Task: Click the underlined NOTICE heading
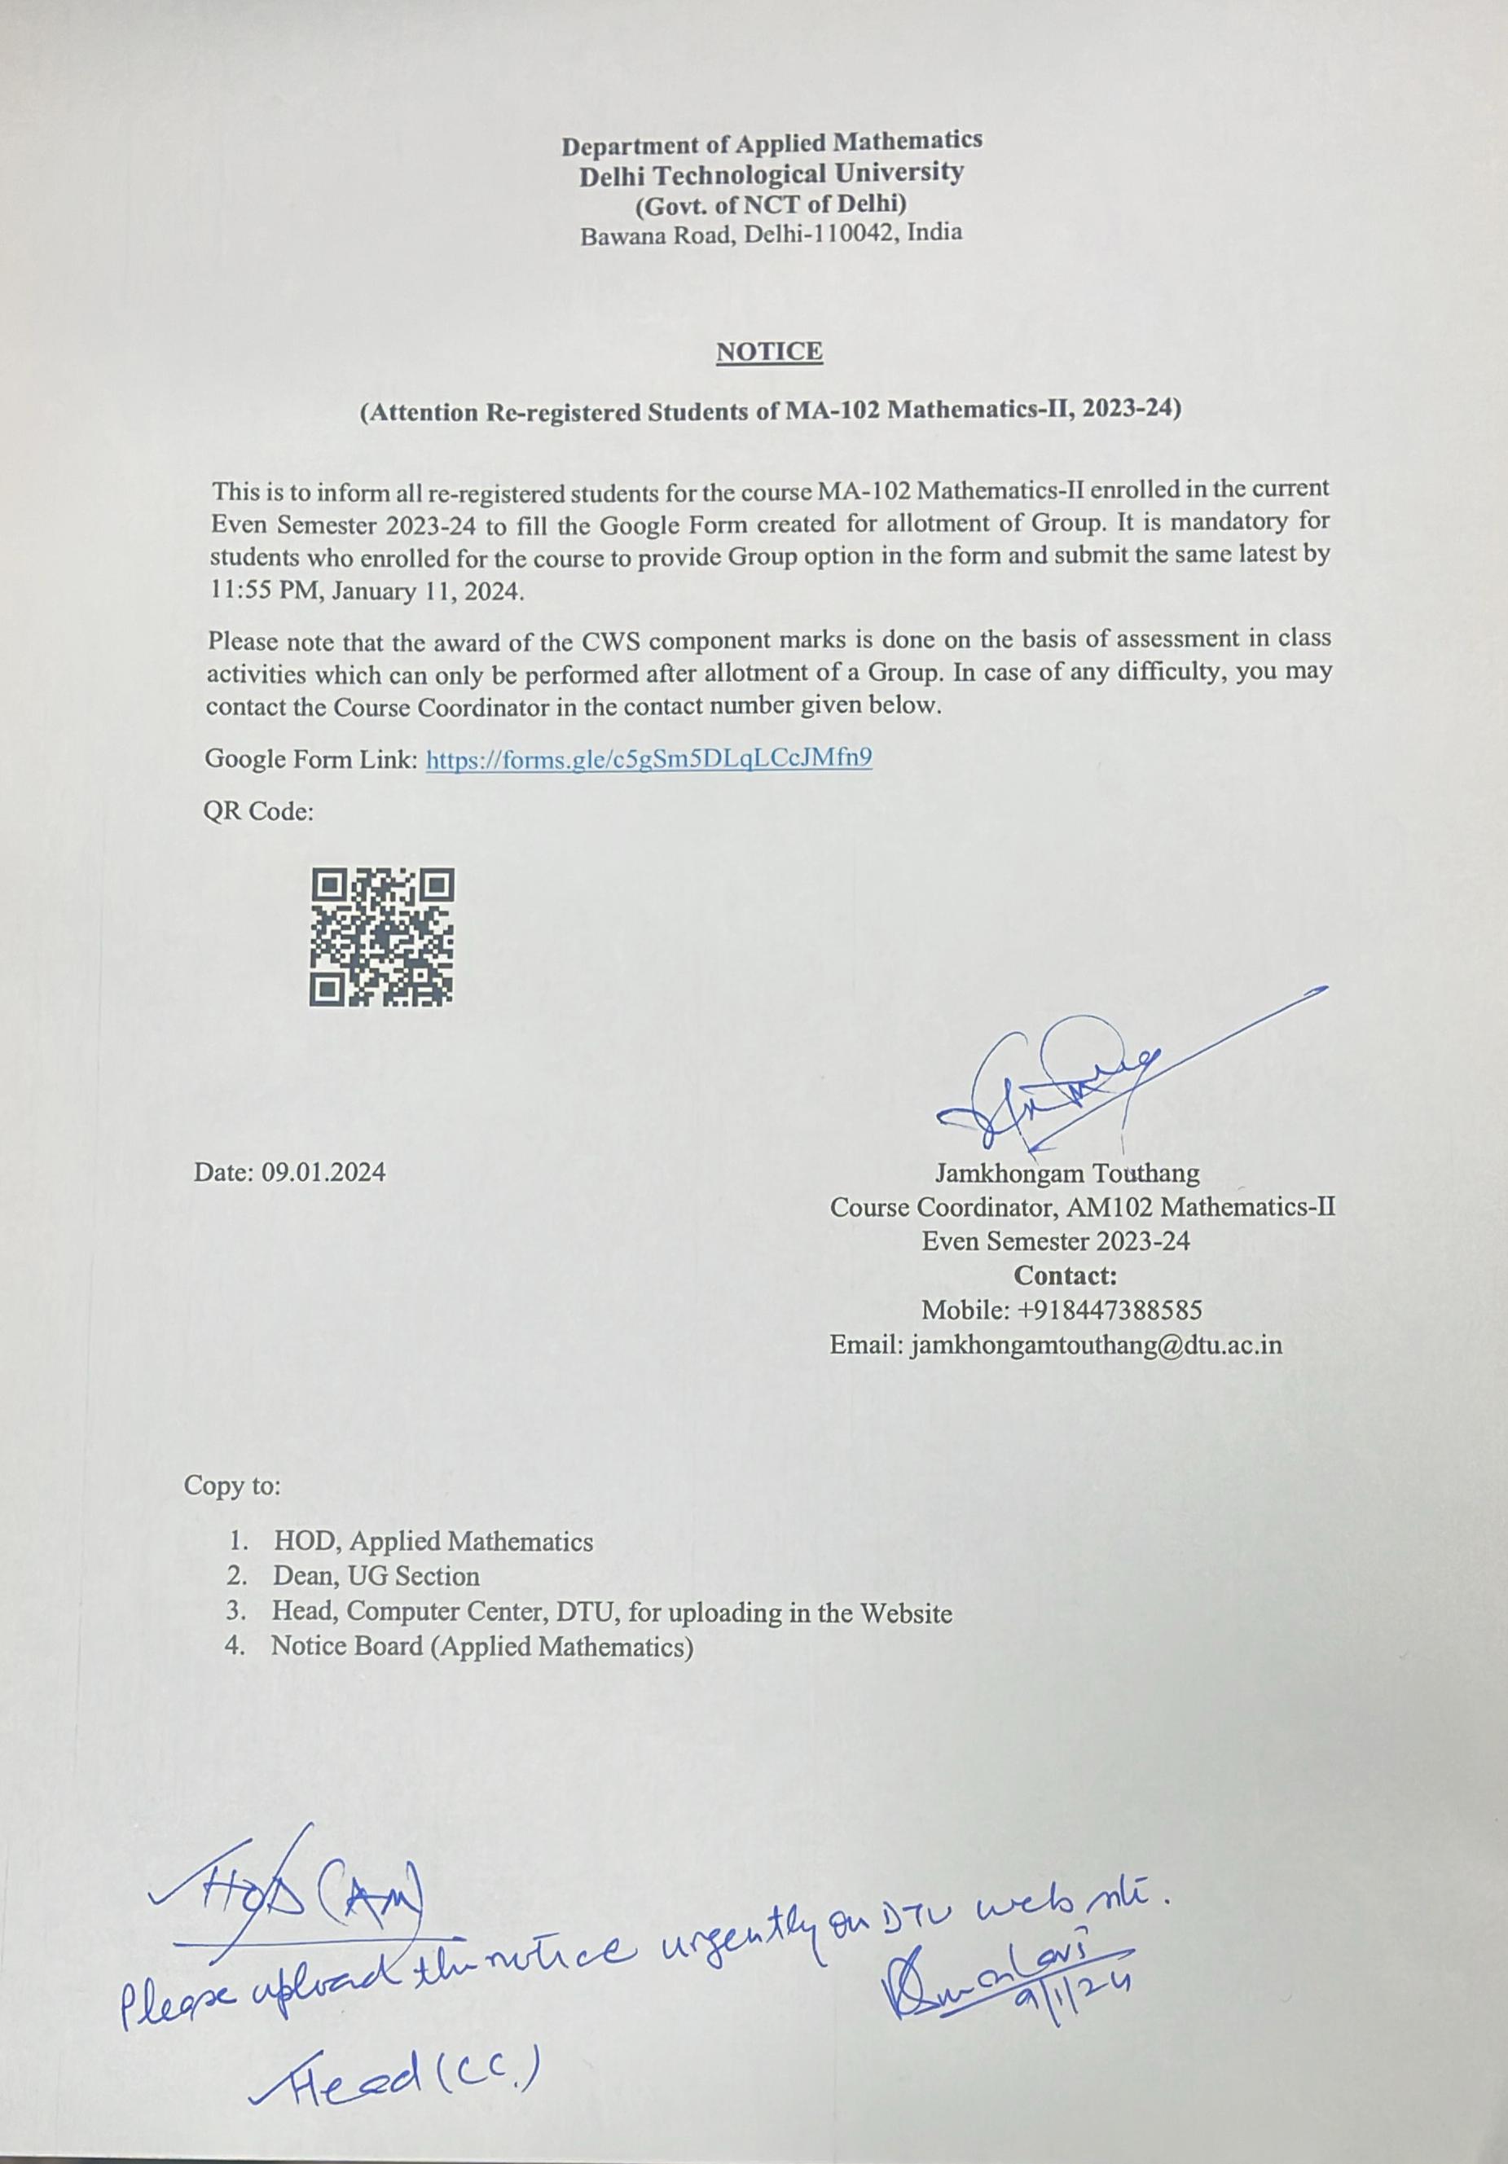[769, 352]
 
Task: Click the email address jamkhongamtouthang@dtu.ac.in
[1096, 1344]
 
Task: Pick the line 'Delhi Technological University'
[771, 173]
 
